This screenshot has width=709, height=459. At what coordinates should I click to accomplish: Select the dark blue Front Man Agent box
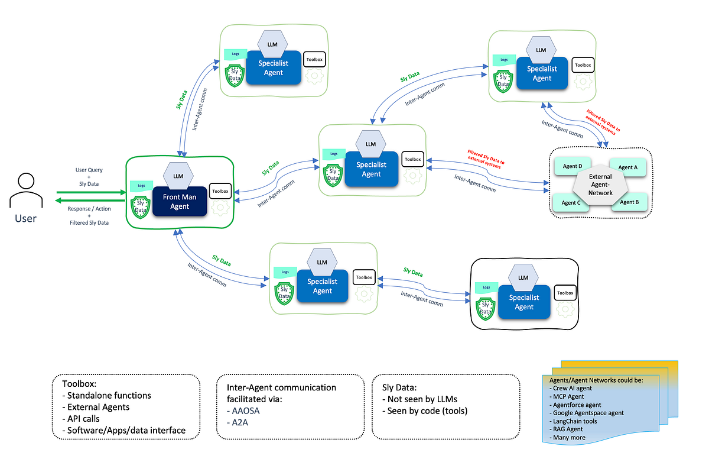click(x=180, y=201)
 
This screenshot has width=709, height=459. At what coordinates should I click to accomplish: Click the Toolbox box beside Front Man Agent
click(x=220, y=192)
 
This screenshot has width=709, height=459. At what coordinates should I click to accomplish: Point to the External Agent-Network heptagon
click(x=600, y=185)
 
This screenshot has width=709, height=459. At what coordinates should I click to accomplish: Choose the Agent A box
click(x=627, y=167)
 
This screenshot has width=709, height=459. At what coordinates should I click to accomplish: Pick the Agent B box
click(x=629, y=202)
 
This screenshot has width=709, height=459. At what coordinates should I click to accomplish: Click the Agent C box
click(x=571, y=203)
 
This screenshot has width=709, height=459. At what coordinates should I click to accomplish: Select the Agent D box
click(x=573, y=167)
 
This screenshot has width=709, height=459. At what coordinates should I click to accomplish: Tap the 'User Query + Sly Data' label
click(x=89, y=177)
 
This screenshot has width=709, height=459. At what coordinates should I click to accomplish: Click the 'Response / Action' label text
click(x=89, y=209)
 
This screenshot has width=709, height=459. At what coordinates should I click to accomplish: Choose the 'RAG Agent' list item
click(x=568, y=429)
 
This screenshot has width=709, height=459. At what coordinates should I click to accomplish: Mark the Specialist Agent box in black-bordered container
click(x=524, y=302)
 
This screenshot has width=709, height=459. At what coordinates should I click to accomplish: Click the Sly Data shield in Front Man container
click(x=139, y=205)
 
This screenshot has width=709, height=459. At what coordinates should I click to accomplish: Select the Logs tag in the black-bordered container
click(x=486, y=287)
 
